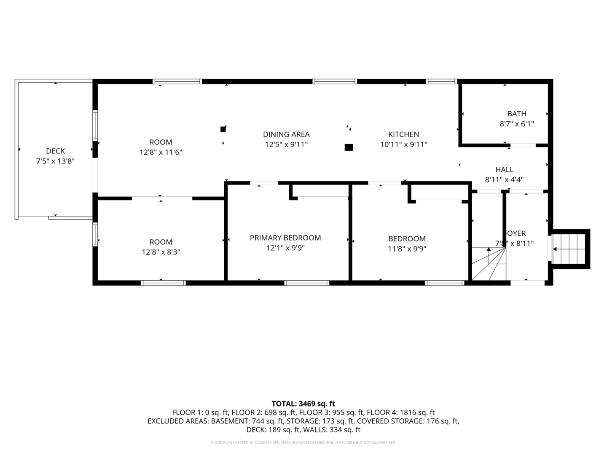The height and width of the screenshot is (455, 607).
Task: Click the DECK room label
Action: pos(55,151)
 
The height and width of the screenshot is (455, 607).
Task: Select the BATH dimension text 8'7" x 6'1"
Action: pos(517,124)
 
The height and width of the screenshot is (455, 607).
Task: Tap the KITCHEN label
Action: pos(403,134)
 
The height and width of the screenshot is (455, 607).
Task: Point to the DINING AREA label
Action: pos(286,134)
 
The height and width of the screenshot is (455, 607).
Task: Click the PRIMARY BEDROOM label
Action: pos(285,238)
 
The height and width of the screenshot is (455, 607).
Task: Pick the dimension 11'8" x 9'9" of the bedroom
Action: pos(407,249)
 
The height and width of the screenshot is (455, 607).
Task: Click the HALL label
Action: pos(504,169)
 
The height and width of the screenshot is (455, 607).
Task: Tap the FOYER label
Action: pos(515,233)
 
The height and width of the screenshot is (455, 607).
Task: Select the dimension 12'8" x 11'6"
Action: pos(161,152)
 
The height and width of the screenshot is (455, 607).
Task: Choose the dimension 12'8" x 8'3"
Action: pos(161,252)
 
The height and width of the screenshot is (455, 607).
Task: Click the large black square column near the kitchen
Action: pos(349,147)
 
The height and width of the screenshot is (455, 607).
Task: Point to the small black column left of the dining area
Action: pos(223,129)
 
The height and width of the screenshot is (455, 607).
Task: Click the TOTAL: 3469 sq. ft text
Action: pos(303,404)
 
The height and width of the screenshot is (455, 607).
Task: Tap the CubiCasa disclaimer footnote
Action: pos(303,442)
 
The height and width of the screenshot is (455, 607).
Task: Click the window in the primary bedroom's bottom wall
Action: pos(306,283)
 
